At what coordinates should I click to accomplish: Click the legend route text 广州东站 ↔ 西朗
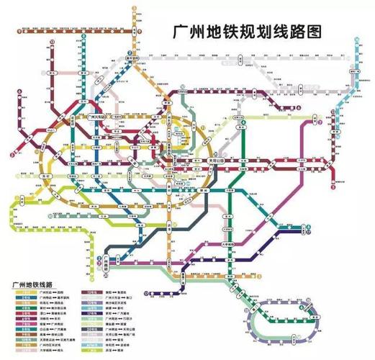click(x=48, y=293)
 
